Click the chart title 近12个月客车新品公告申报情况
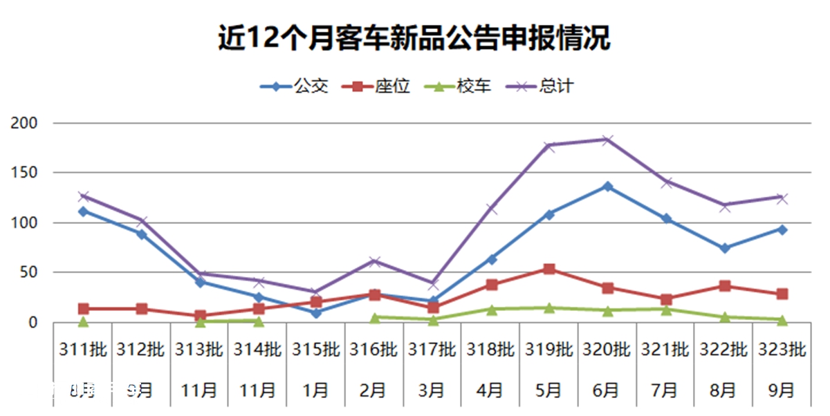coord(414,39)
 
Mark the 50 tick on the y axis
coord(26,272)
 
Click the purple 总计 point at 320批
coord(607,140)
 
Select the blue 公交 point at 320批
coord(607,187)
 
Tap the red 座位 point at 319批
coord(549,269)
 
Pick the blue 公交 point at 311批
coord(83,211)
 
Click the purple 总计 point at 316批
coord(374,261)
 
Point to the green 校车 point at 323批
coord(782,320)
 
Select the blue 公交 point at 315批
coord(316,313)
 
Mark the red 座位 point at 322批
coord(724,286)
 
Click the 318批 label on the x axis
coord(490,350)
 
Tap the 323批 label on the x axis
coord(782,350)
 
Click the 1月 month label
coord(316,391)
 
